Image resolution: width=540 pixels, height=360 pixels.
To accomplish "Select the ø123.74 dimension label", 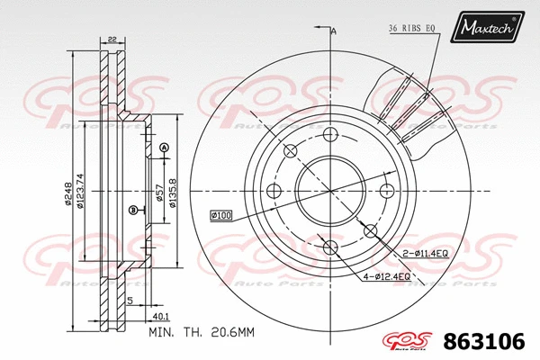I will click(x=81, y=191).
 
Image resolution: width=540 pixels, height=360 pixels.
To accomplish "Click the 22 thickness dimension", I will click(x=111, y=38).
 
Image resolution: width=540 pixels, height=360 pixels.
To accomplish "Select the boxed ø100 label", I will click(x=221, y=215).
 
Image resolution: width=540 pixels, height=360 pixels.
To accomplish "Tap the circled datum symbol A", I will click(x=164, y=147).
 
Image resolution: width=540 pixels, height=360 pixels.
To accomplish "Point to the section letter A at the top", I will click(x=334, y=31).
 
